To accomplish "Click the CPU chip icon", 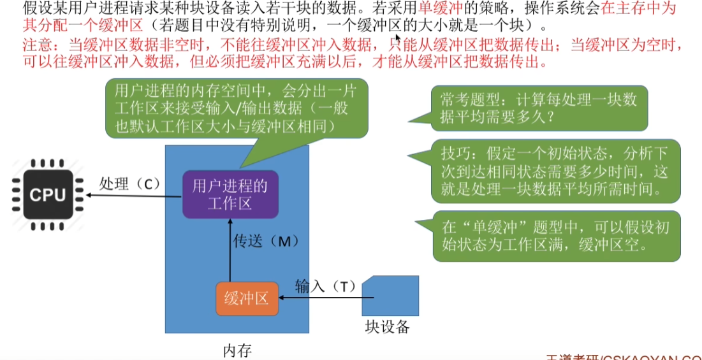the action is click(x=48, y=194).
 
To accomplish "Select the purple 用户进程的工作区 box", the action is click(x=230, y=194).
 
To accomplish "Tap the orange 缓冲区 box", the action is click(x=247, y=299).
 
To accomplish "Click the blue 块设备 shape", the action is click(x=390, y=296).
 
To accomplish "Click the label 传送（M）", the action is click(x=265, y=242).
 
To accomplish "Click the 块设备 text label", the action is click(x=387, y=328).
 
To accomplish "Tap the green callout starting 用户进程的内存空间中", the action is click(x=237, y=108).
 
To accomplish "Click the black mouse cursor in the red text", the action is click(x=397, y=40).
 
